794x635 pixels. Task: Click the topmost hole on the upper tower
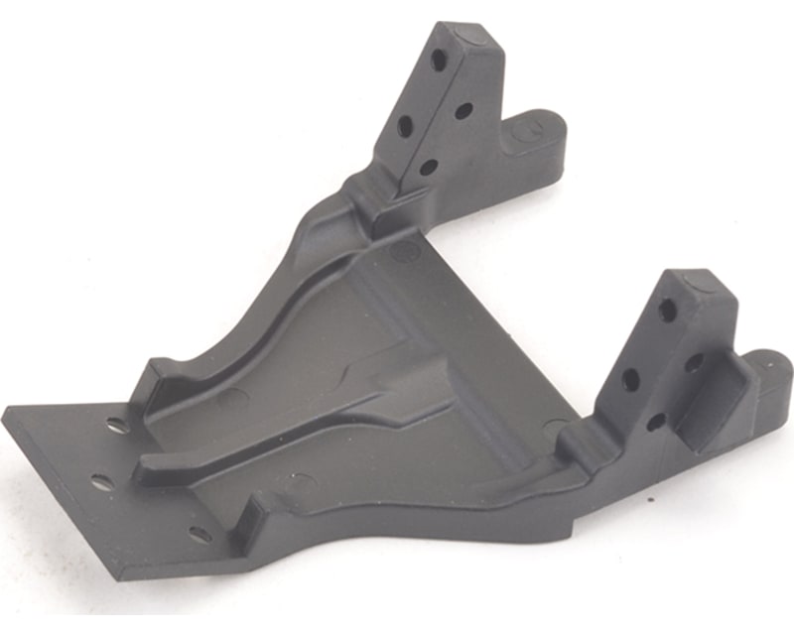point(438,60)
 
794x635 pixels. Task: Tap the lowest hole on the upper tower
point(428,167)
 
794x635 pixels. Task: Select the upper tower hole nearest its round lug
point(463,110)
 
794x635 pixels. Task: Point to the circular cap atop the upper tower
point(465,38)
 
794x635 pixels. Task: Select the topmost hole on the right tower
point(668,311)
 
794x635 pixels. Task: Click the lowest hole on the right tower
point(655,421)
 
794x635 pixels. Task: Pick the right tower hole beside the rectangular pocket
point(694,363)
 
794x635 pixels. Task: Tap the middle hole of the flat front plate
point(103,482)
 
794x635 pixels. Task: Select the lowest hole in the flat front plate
point(200,534)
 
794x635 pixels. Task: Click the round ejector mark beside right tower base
point(557,428)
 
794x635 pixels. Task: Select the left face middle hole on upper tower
point(405,126)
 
